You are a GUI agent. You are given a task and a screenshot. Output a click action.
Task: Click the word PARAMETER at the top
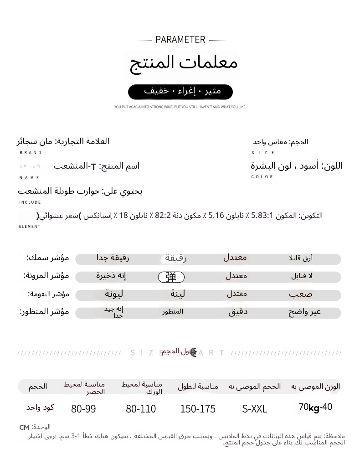point(180,40)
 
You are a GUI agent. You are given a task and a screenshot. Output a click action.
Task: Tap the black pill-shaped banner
point(180,92)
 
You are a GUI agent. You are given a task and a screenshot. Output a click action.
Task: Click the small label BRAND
point(31,153)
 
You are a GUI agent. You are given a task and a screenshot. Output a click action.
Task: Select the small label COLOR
point(262,177)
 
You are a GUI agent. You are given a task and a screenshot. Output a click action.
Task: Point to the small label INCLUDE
point(30,202)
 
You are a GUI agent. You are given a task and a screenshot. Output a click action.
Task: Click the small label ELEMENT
point(30,227)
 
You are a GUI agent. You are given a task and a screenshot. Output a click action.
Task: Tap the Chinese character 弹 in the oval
point(171,277)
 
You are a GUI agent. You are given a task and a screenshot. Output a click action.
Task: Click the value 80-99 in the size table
point(83,409)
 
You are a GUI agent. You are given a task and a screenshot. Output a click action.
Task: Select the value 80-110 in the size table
point(141,409)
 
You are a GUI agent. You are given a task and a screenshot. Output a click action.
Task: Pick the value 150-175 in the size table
point(198,409)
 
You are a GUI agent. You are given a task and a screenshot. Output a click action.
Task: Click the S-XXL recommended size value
point(255,409)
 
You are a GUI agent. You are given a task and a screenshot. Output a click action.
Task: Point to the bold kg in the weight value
point(314,408)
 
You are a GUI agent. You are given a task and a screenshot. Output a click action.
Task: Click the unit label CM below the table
point(24,428)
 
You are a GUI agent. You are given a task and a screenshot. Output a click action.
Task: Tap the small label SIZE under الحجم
point(263,153)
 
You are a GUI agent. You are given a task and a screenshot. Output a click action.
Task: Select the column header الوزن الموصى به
point(315,387)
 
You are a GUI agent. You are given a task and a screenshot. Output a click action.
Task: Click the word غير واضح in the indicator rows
point(304,312)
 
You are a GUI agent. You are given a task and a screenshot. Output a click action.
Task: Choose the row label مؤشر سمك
point(48,258)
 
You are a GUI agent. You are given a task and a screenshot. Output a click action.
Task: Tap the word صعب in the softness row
point(301,294)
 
